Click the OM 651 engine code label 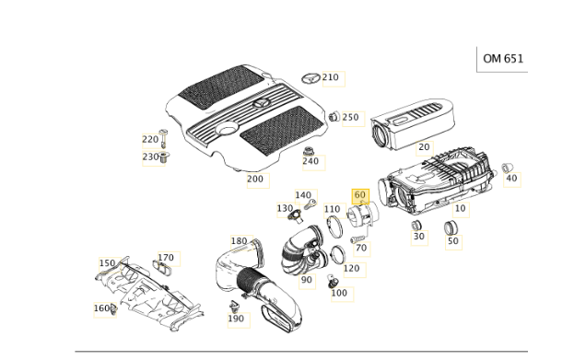pos(503,59)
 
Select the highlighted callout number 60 pos(360,195)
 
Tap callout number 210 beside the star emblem pos(331,77)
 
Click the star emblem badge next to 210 pos(311,78)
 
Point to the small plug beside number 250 pos(334,116)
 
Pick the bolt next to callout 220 pos(163,138)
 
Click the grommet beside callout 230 pos(165,157)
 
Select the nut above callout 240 pos(309,151)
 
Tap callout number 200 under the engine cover pos(255,179)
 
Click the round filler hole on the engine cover pos(227,129)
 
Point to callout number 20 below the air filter pos(424,147)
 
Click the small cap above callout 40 pos(507,168)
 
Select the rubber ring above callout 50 pos(451,227)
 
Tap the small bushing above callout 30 pos(416,226)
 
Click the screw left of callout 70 pos(355,238)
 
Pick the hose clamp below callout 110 pos(334,226)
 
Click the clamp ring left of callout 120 pos(338,255)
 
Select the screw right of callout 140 pos(310,203)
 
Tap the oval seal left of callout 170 pos(162,267)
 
